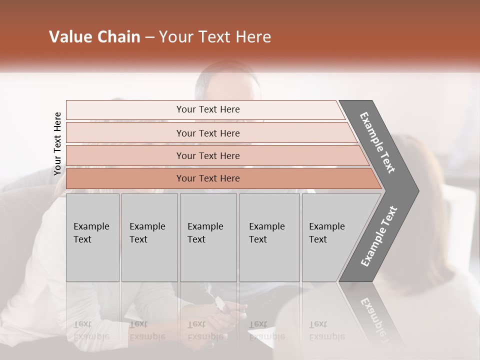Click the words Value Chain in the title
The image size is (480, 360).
(94, 37)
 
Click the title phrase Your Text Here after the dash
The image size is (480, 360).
(215, 37)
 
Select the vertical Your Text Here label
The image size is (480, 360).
(57, 143)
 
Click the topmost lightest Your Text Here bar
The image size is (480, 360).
(208, 109)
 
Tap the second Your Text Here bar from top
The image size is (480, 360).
(208, 133)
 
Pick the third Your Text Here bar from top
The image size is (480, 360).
(208, 155)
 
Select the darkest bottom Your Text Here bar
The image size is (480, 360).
(208, 178)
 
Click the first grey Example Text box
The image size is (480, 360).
(92, 237)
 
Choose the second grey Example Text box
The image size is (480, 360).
(149, 237)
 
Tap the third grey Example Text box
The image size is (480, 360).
(208, 237)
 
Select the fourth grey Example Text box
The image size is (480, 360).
(269, 237)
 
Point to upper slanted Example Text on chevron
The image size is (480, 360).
(378, 142)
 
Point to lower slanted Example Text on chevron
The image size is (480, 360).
(379, 236)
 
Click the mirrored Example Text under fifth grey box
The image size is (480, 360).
(326, 330)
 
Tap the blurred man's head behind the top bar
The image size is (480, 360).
(227, 82)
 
